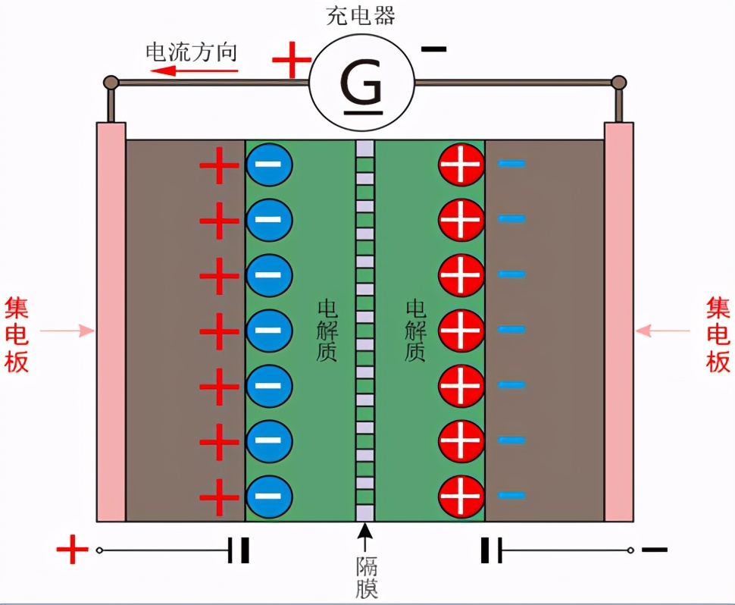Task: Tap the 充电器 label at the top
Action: pos(361,16)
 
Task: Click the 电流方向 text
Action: pos(191,52)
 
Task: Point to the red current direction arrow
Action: pos(194,71)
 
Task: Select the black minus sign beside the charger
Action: pos(433,49)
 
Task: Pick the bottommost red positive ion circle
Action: pos(461,496)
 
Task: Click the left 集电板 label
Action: pos(17,334)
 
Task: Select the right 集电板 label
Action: pos(718,334)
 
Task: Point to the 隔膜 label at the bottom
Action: pos(366,577)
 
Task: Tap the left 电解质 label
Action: pos(327,331)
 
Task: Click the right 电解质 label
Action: pos(415,331)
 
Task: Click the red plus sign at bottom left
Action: pos(73,550)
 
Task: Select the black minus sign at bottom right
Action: pos(654,549)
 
